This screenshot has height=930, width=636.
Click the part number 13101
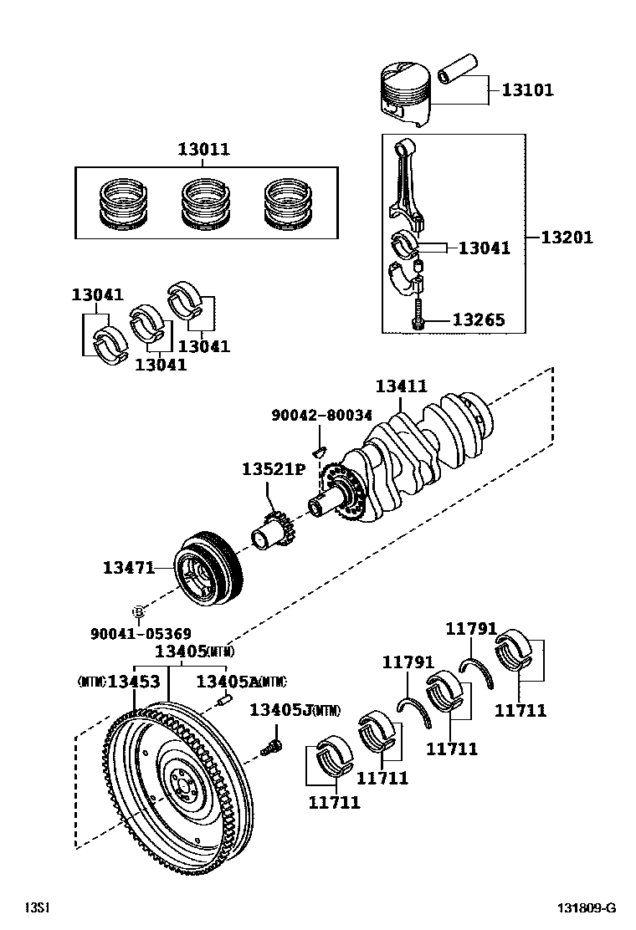coord(527,89)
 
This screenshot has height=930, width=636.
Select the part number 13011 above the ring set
coord(203,150)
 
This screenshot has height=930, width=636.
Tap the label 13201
coord(566,238)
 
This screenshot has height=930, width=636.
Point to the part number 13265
coord(479,320)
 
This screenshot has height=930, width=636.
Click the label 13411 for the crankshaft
coord(401,386)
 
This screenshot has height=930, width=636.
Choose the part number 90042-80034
coord(321,415)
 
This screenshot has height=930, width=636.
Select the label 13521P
coord(274,469)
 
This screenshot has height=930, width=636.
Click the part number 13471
coord(129,568)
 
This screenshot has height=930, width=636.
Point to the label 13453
coord(133,682)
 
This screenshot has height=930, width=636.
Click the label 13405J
coord(281,711)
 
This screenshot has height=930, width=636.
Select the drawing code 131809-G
coord(588,908)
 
